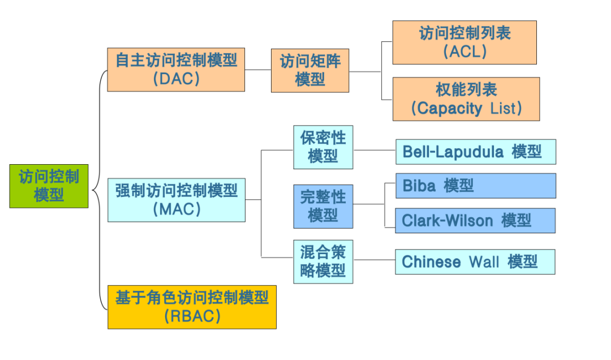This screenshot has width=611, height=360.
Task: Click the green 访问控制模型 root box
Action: (49, 186)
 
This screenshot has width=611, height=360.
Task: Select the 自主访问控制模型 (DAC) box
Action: (176, 69)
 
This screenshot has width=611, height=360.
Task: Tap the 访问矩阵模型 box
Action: (310, 70)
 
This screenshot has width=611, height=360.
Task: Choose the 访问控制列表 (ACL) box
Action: (464, 42)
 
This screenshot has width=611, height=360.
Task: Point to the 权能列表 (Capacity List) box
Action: (466, 99)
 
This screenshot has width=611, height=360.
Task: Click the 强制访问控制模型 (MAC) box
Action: (176, 200)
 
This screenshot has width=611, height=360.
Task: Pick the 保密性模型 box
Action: (323, 147)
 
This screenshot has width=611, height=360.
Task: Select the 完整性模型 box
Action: (323, 206)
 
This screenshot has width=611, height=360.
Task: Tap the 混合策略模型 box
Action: (323, 262)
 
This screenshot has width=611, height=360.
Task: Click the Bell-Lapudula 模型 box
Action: (475, 152)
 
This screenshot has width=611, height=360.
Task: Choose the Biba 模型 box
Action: (475, 186)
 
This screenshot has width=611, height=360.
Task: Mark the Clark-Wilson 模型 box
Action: (475, 220)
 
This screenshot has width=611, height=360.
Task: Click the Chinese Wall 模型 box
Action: (475, 262)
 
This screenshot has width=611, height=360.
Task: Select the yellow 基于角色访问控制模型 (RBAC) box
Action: (192, 307)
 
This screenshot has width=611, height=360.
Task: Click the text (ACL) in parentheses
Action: (465, 52)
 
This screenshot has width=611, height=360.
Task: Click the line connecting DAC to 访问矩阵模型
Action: (258, 70)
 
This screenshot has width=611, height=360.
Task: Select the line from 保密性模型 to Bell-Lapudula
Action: (374, 151)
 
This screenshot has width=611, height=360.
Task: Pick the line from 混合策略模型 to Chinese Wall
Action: (374, 261)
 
